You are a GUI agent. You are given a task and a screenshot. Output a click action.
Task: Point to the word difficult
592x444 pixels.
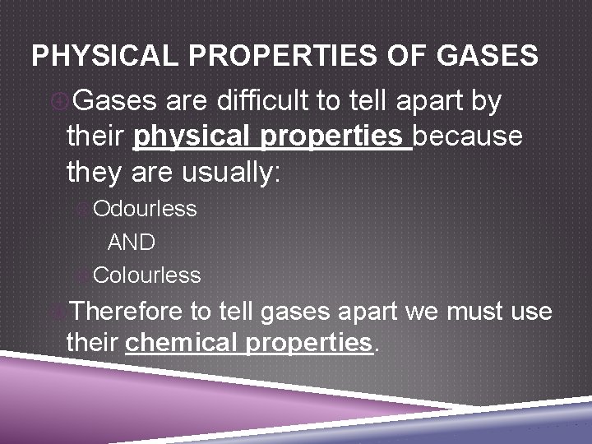coord(261,102)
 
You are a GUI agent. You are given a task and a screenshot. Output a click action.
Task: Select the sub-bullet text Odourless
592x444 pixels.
coord(145,209)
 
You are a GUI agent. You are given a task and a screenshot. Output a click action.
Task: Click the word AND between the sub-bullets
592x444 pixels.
coord(132,243)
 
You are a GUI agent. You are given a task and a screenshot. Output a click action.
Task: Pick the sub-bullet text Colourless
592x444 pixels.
coord(146,275)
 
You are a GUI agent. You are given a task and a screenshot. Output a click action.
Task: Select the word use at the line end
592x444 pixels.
coord(531,312)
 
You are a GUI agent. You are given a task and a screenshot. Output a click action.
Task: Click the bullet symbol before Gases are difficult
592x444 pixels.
coord(60,102)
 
